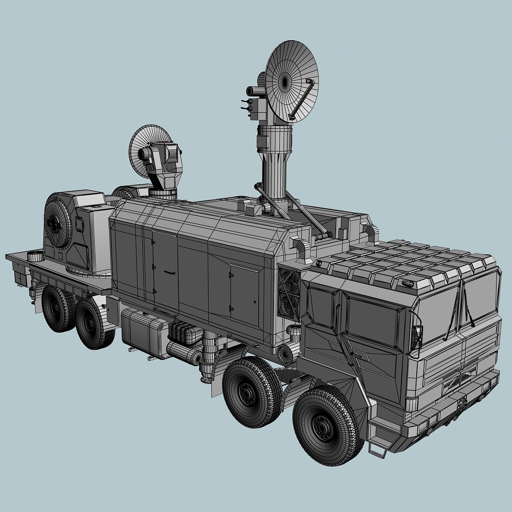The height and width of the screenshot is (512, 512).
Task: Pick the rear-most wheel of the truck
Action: [58, 308]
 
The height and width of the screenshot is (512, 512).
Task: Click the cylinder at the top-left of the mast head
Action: [254, 90]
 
